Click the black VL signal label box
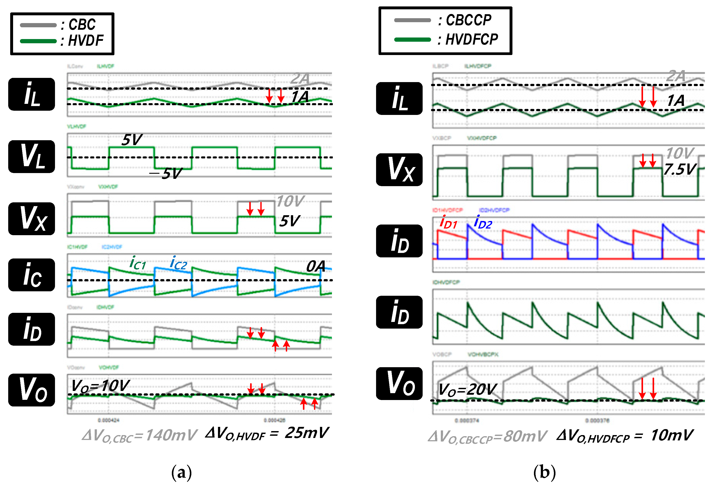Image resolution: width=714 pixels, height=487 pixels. tap(32, 156)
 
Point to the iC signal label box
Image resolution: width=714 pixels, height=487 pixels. tap(32, 275)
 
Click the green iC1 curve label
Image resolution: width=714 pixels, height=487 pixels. tap(138, 264)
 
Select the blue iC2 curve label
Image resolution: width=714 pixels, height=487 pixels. tap(178, 264)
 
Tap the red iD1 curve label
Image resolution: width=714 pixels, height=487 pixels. tap(448, 222)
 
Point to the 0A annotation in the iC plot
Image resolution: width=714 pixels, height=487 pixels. tap(316, 266)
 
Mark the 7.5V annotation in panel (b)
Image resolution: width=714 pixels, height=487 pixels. tap(680, 169)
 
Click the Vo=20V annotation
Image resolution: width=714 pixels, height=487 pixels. tap(467, 390)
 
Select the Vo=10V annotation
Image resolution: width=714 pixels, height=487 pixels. tap(100, 386)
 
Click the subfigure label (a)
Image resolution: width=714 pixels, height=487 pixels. tap(182, 472)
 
